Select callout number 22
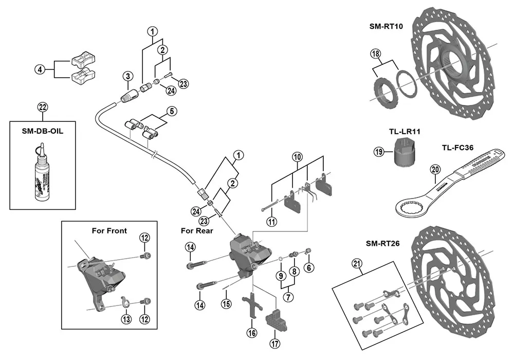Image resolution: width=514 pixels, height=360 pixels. click(42, 107)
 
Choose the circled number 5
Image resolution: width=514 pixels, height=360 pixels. click(171, 111)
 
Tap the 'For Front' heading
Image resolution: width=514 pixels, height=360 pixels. click(109, 230)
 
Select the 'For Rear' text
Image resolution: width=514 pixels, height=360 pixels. click(197, 231)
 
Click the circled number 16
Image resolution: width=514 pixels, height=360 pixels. click(251, 333)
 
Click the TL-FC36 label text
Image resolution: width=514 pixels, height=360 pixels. click(458, 147)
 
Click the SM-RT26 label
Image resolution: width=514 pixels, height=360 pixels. click(382, 243)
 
